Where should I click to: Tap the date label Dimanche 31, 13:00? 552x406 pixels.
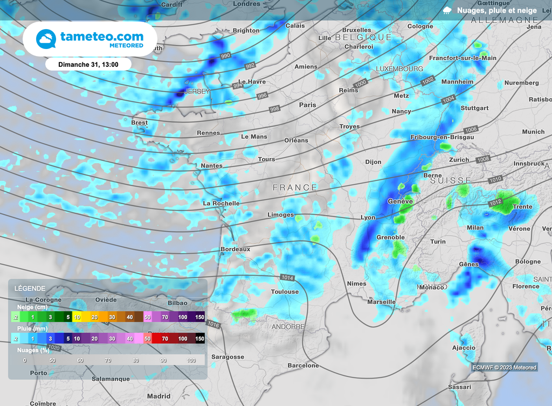pyautogui.click(x=88, y=64)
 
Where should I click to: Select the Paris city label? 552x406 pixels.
pyautogui.click(x=307, y=105)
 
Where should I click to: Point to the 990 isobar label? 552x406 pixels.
pyautogui.click(x=225, y=55)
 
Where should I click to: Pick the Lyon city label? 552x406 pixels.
pyautogui.click(x=368, y=218)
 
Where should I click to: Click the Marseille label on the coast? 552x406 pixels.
pyautogui.click(x=381, y=302)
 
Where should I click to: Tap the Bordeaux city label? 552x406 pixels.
pyautogui.click(x=236, y=249)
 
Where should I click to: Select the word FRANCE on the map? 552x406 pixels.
pyautogui.click(x=295, y=187)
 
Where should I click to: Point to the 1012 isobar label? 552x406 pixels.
pyautogui.click(x=496, y=202)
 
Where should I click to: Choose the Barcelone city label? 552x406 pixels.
pyautogui.click(x=303, y=366)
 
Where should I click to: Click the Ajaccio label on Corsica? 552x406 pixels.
pyautogui.click(x=464, y=348)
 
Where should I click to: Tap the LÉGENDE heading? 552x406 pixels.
pyautogui.click(x=30, y=289)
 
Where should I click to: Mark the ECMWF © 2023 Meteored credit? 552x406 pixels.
pyautogui.click(x=504, y=367)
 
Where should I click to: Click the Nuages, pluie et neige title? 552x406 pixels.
pyautogui.click(x=496, y=10)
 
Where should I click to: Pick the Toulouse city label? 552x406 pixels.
pyautogui.click(x=285, y=292)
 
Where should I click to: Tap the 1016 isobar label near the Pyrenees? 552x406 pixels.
pyautogui.click(x=213, y=325)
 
